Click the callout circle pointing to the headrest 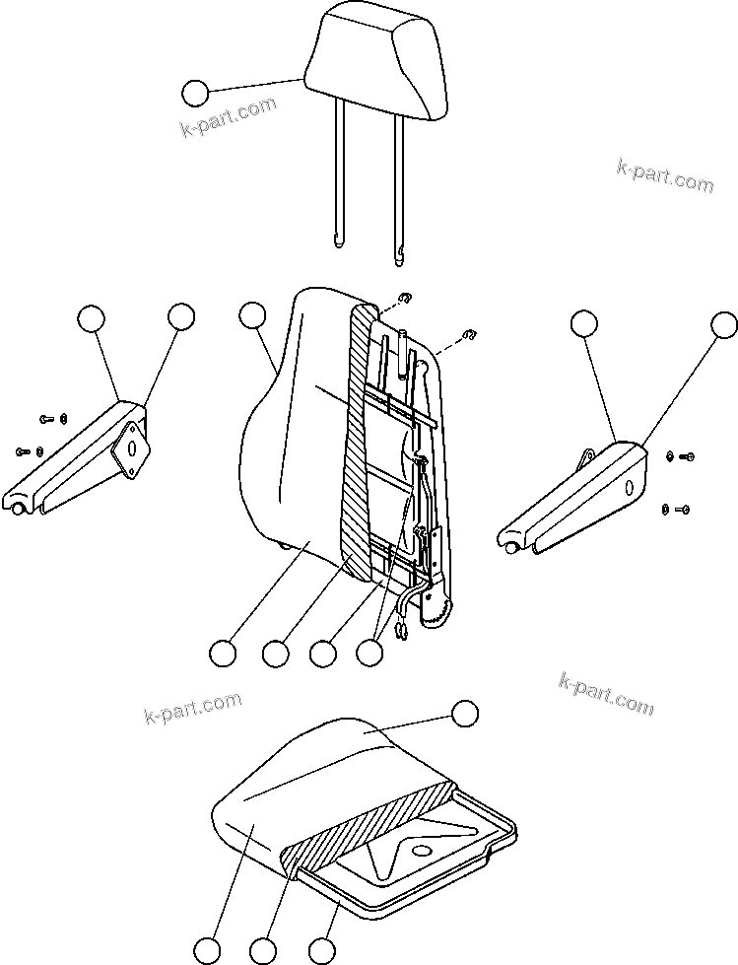(195, 94)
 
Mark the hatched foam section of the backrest (357, 444)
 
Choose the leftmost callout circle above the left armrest (92, 317)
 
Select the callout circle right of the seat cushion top (464, 713)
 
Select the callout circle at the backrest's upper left (253, 315)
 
